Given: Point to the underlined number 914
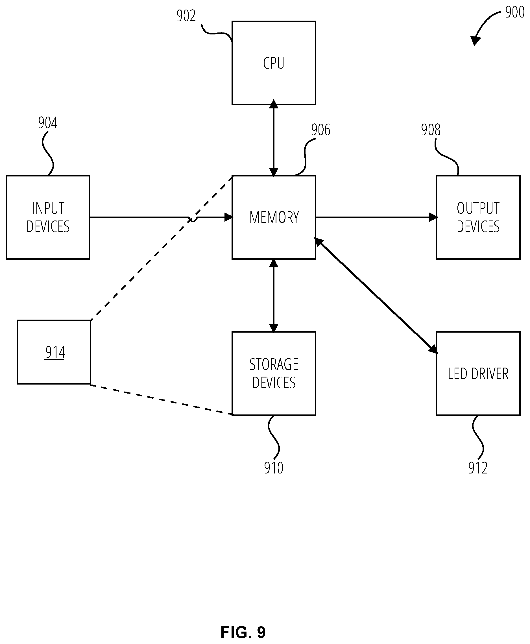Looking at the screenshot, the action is point(55,353).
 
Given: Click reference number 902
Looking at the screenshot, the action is point(186,16).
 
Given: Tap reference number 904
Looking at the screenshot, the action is point(48,123).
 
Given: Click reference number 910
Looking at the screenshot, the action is point(274,468).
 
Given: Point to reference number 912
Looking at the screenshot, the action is point(478,468).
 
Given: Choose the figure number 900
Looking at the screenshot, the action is point(515,12).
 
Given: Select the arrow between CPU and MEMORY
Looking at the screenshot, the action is point(274,138).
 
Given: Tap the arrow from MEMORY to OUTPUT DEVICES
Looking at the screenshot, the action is point(376,217).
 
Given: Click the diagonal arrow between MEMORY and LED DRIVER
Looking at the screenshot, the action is point(376,295).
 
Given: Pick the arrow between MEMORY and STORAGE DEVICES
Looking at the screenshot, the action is point(274,295).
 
